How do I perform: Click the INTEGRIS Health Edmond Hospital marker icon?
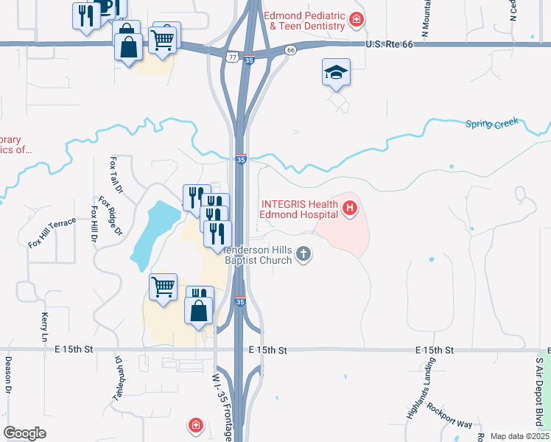point(349,210)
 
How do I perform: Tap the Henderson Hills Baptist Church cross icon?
point(303,255)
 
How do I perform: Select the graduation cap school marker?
point(336,72)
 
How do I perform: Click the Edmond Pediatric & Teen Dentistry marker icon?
point(357,19)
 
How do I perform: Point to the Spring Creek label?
point(492,123)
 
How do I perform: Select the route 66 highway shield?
point(291,50)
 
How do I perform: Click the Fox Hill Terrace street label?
point(52,232)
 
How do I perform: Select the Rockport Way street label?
point(449,414)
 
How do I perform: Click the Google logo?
point(24,433)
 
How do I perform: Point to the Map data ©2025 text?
point(519,436)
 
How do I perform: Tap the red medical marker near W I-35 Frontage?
point(195,425)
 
